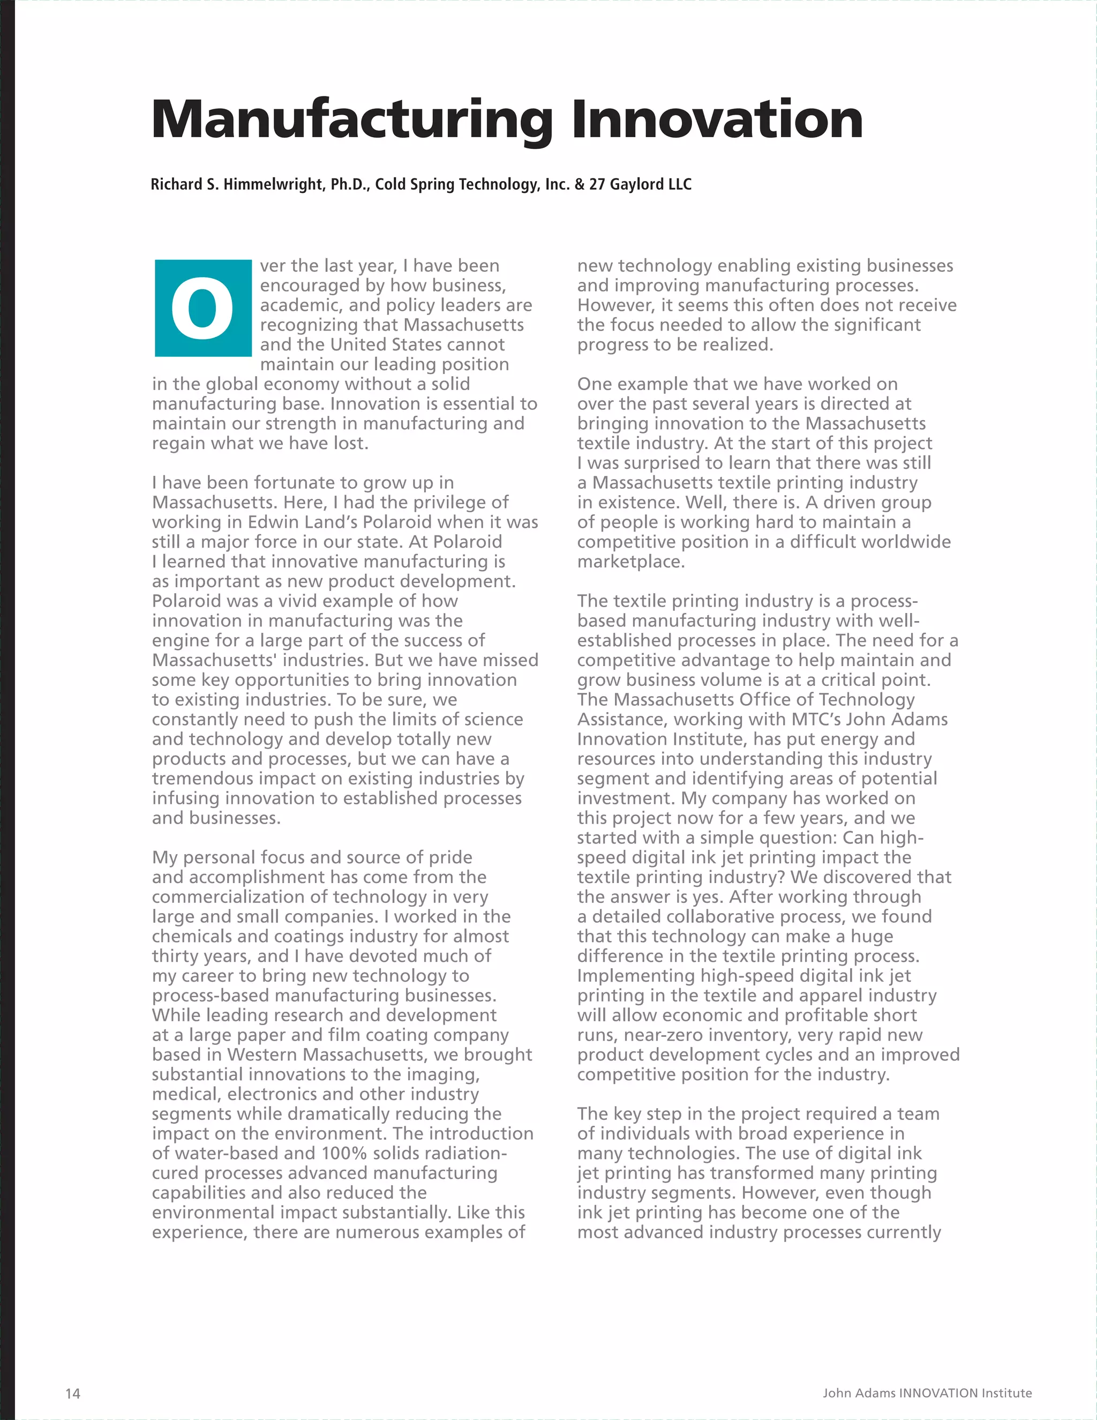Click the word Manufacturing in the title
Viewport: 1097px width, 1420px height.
(x=351, y=120)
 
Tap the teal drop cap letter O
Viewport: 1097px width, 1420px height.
(x=203, y=308)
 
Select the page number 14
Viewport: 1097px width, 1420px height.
(x=73, y=1393)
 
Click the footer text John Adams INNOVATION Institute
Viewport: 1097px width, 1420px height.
(x=927, y=1393)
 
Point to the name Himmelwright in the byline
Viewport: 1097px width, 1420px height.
(x=274, y=185)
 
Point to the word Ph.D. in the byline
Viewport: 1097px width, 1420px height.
(x=348, y=185)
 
